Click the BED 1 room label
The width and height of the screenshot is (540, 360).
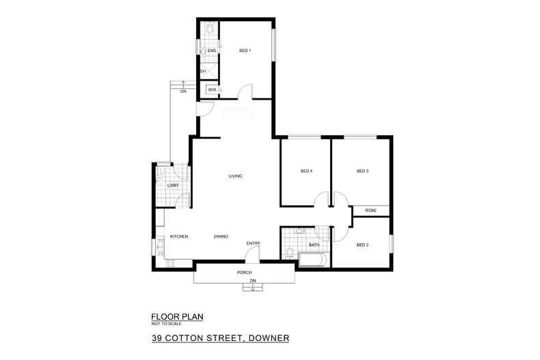click(245, 51)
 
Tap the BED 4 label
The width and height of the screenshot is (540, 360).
click(306, 171)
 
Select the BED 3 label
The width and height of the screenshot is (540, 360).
click(362, 171)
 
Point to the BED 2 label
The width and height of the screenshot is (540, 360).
click(362, 245)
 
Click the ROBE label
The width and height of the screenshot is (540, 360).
click(371, 210)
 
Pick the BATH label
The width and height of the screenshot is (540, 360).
click(314, 245)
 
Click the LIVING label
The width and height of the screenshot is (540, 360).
click(236, 176)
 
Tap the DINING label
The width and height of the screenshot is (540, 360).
click(220, 236)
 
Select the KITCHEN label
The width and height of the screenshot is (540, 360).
click(179, 236)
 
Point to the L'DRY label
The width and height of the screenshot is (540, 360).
click(173, 186)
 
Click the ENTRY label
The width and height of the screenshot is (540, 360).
click(254, 243)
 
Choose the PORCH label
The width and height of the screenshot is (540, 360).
click(245, 273)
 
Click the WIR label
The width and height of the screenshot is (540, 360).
click(212, 89)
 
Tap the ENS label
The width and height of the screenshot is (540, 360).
click(212, 51)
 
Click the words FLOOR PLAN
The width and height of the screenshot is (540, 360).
click(177, 316)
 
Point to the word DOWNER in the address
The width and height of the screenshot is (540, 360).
click(267, 337)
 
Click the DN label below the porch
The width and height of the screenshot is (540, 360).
click(252, 281)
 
